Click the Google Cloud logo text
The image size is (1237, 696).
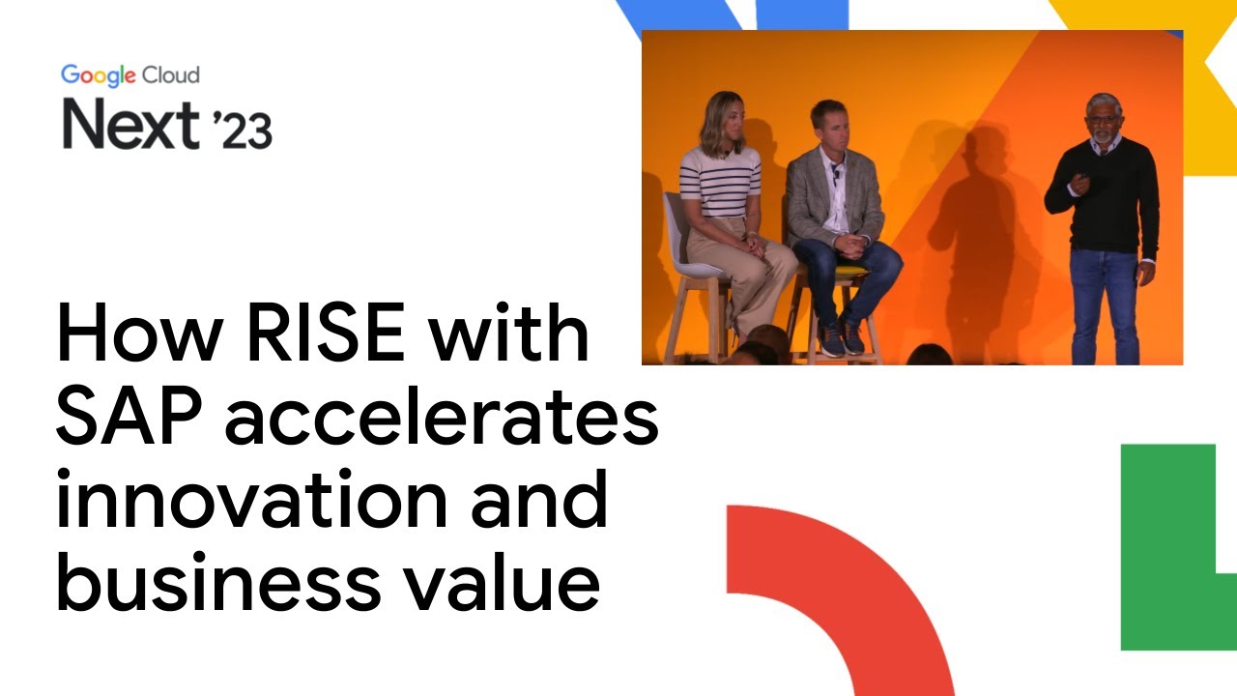130,75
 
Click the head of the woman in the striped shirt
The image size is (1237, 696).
722,121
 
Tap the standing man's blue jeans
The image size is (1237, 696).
1105,300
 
